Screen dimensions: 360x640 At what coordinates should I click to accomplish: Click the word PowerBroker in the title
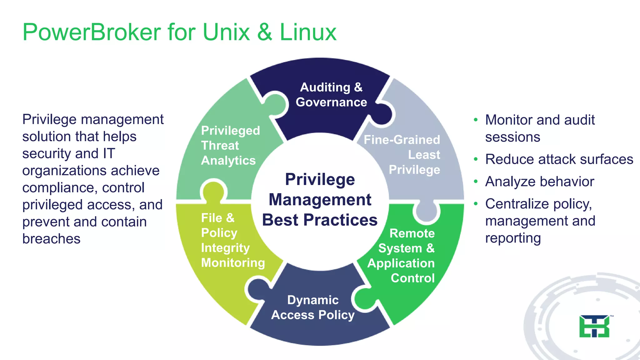(x=92, y=32)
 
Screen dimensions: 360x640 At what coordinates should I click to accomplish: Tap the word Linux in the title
(x=308, y=32)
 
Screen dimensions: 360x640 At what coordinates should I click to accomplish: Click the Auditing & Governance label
(x=331, y=95)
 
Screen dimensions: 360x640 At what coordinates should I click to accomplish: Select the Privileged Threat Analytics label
(x=230, y=145)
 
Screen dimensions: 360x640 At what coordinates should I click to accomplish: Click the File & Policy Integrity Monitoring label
(x=233, y=240)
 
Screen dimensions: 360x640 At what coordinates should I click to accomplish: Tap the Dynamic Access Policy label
(x=313, y=307)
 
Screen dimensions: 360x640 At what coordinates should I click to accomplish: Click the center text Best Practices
(x=320, y=220)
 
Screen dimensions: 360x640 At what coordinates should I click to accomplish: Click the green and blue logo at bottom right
(x=594, y=327)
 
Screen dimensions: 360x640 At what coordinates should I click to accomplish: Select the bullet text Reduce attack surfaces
(x=559, y=159)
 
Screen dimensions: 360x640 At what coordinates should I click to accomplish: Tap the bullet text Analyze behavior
(x=540, y=182)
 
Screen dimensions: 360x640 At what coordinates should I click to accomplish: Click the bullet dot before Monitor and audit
(x=476, y=120)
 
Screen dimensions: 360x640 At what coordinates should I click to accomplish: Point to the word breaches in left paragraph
(x=52, y=239)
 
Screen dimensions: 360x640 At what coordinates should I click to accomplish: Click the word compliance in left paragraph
(x=58, y=188)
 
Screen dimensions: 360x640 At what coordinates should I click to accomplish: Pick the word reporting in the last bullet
(x=513, y=238)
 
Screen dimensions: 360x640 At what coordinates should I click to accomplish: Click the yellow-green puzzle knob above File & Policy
(x=213, y=190)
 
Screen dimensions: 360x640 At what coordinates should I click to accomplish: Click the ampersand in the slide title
(x=265, y=32)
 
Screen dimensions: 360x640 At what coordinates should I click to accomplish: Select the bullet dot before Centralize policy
(x=476, y=204)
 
